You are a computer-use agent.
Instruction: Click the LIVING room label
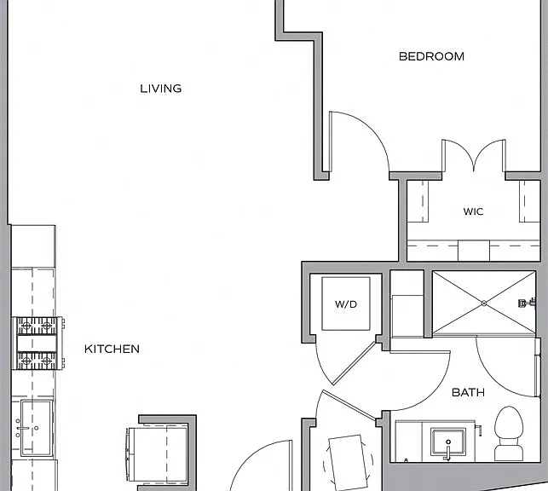tap(161, 89)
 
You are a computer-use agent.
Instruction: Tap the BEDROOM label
tap(431, 56)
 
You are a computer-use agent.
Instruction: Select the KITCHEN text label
tap(112, 349)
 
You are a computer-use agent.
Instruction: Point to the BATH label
tap(469, 392)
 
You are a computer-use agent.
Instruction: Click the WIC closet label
tap(473, 211)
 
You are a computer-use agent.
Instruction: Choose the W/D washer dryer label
tap(346, 304)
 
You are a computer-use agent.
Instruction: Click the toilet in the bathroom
tap(509, 433)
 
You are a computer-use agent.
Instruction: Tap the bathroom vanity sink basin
tap(448, 442)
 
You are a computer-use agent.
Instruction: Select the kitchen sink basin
tap(37, 428)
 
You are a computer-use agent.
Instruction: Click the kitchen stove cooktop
tap(37, 344)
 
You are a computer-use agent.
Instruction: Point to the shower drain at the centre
tap(484, 303)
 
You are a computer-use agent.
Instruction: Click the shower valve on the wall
tap(527, 303)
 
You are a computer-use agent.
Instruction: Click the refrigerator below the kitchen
tap(158, 453)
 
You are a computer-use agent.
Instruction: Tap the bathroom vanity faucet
tap(448, 452)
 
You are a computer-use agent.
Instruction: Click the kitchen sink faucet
tap(23, 428)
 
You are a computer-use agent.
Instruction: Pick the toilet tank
tap(509, 452)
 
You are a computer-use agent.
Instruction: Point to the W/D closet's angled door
tap(353, 363)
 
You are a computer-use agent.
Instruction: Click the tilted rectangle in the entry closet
tap(348, 461)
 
